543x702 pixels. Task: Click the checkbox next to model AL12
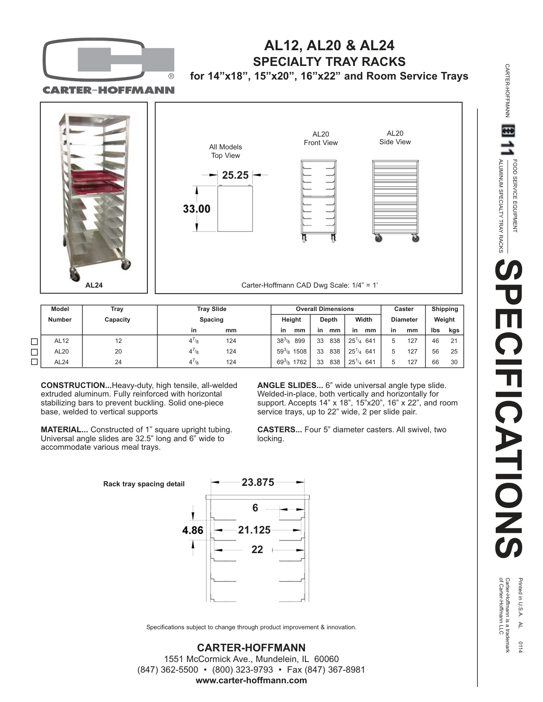coord(35,342)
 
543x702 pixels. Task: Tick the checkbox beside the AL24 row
coord(35,362)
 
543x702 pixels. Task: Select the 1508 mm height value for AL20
coord(299,351)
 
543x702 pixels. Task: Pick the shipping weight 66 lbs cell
coord(435,362)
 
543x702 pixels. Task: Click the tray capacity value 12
coord(118,341)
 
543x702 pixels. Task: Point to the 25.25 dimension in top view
coord(235,175)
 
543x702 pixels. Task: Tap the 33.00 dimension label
coord(197,208)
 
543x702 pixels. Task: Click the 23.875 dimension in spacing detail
coord(258,482)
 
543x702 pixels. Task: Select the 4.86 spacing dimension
coord(192,530)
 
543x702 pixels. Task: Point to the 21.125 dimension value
coord(254,530)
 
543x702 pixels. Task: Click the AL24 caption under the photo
coord(94,285)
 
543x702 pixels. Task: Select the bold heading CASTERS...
coord(279,430)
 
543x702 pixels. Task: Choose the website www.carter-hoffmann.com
coord(251,680)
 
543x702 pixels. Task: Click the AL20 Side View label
coord(395,138)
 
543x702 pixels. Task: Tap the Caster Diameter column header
coord(404,314)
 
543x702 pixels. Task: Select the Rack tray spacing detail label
coord(144,484)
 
